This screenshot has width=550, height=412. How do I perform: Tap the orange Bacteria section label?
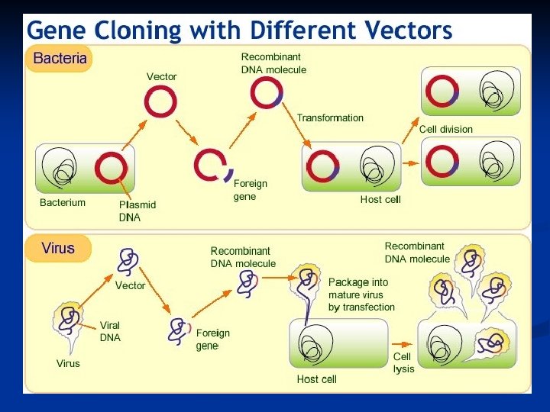(59, 59)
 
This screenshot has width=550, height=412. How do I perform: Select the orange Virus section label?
(58, 249)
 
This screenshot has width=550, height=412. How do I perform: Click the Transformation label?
(330, 117)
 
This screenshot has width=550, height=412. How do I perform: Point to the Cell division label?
(445, 130)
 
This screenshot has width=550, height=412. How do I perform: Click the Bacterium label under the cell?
(63, 203)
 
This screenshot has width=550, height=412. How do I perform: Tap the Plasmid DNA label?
(137, 211)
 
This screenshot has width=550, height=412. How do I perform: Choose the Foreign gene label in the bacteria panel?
(250, 190)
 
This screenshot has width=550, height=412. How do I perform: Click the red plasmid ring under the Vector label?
(161, 101)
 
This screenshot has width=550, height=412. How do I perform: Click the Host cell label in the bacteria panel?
(380, 200)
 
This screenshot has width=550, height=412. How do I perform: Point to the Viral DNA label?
(110, 331)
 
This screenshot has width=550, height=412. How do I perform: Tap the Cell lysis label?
(403, 362)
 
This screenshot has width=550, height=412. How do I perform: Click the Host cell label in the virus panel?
(316, 379)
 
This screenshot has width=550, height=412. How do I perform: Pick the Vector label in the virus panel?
(131, 286)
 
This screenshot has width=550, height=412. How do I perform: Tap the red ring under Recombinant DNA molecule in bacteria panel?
(267, 93)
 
